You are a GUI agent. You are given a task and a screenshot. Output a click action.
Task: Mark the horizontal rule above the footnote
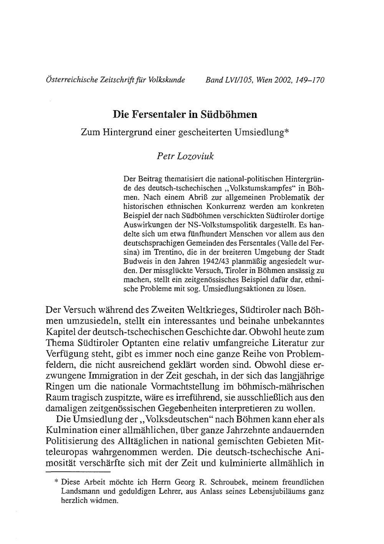point(78,471)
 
